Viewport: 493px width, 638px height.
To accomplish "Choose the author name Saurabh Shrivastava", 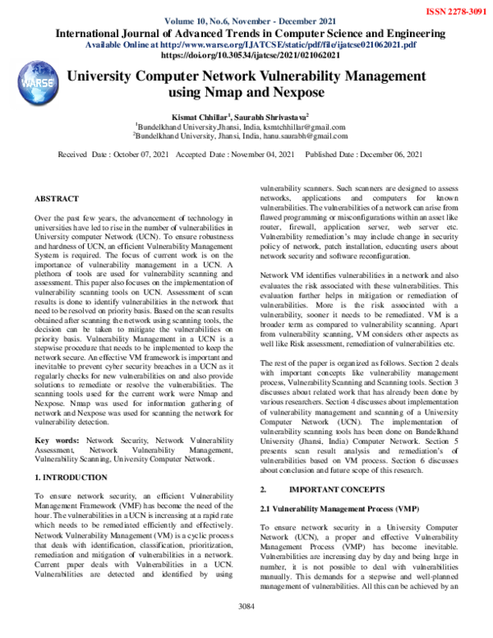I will pyautogui.click(x=273, y=118).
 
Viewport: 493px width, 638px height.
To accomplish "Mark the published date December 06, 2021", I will pyautogui.click(x=388, y=155).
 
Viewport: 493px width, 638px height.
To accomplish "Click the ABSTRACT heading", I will pyautogui.click(x=57, y=199).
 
